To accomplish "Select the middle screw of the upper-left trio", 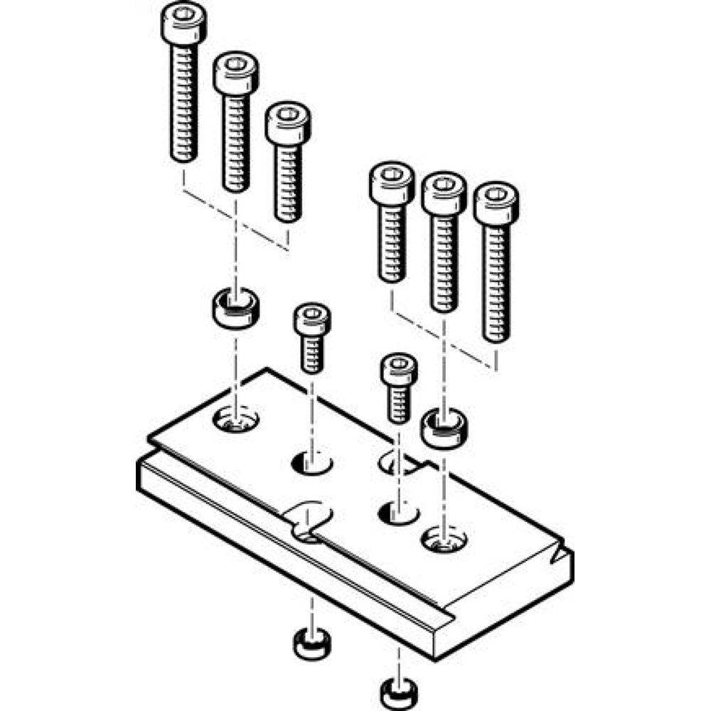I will [x=235, y=121].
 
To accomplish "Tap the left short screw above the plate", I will [x=312, y=338].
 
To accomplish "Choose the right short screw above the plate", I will [x=399, y=388].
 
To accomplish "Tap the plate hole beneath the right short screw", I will [x=398, y=511].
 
